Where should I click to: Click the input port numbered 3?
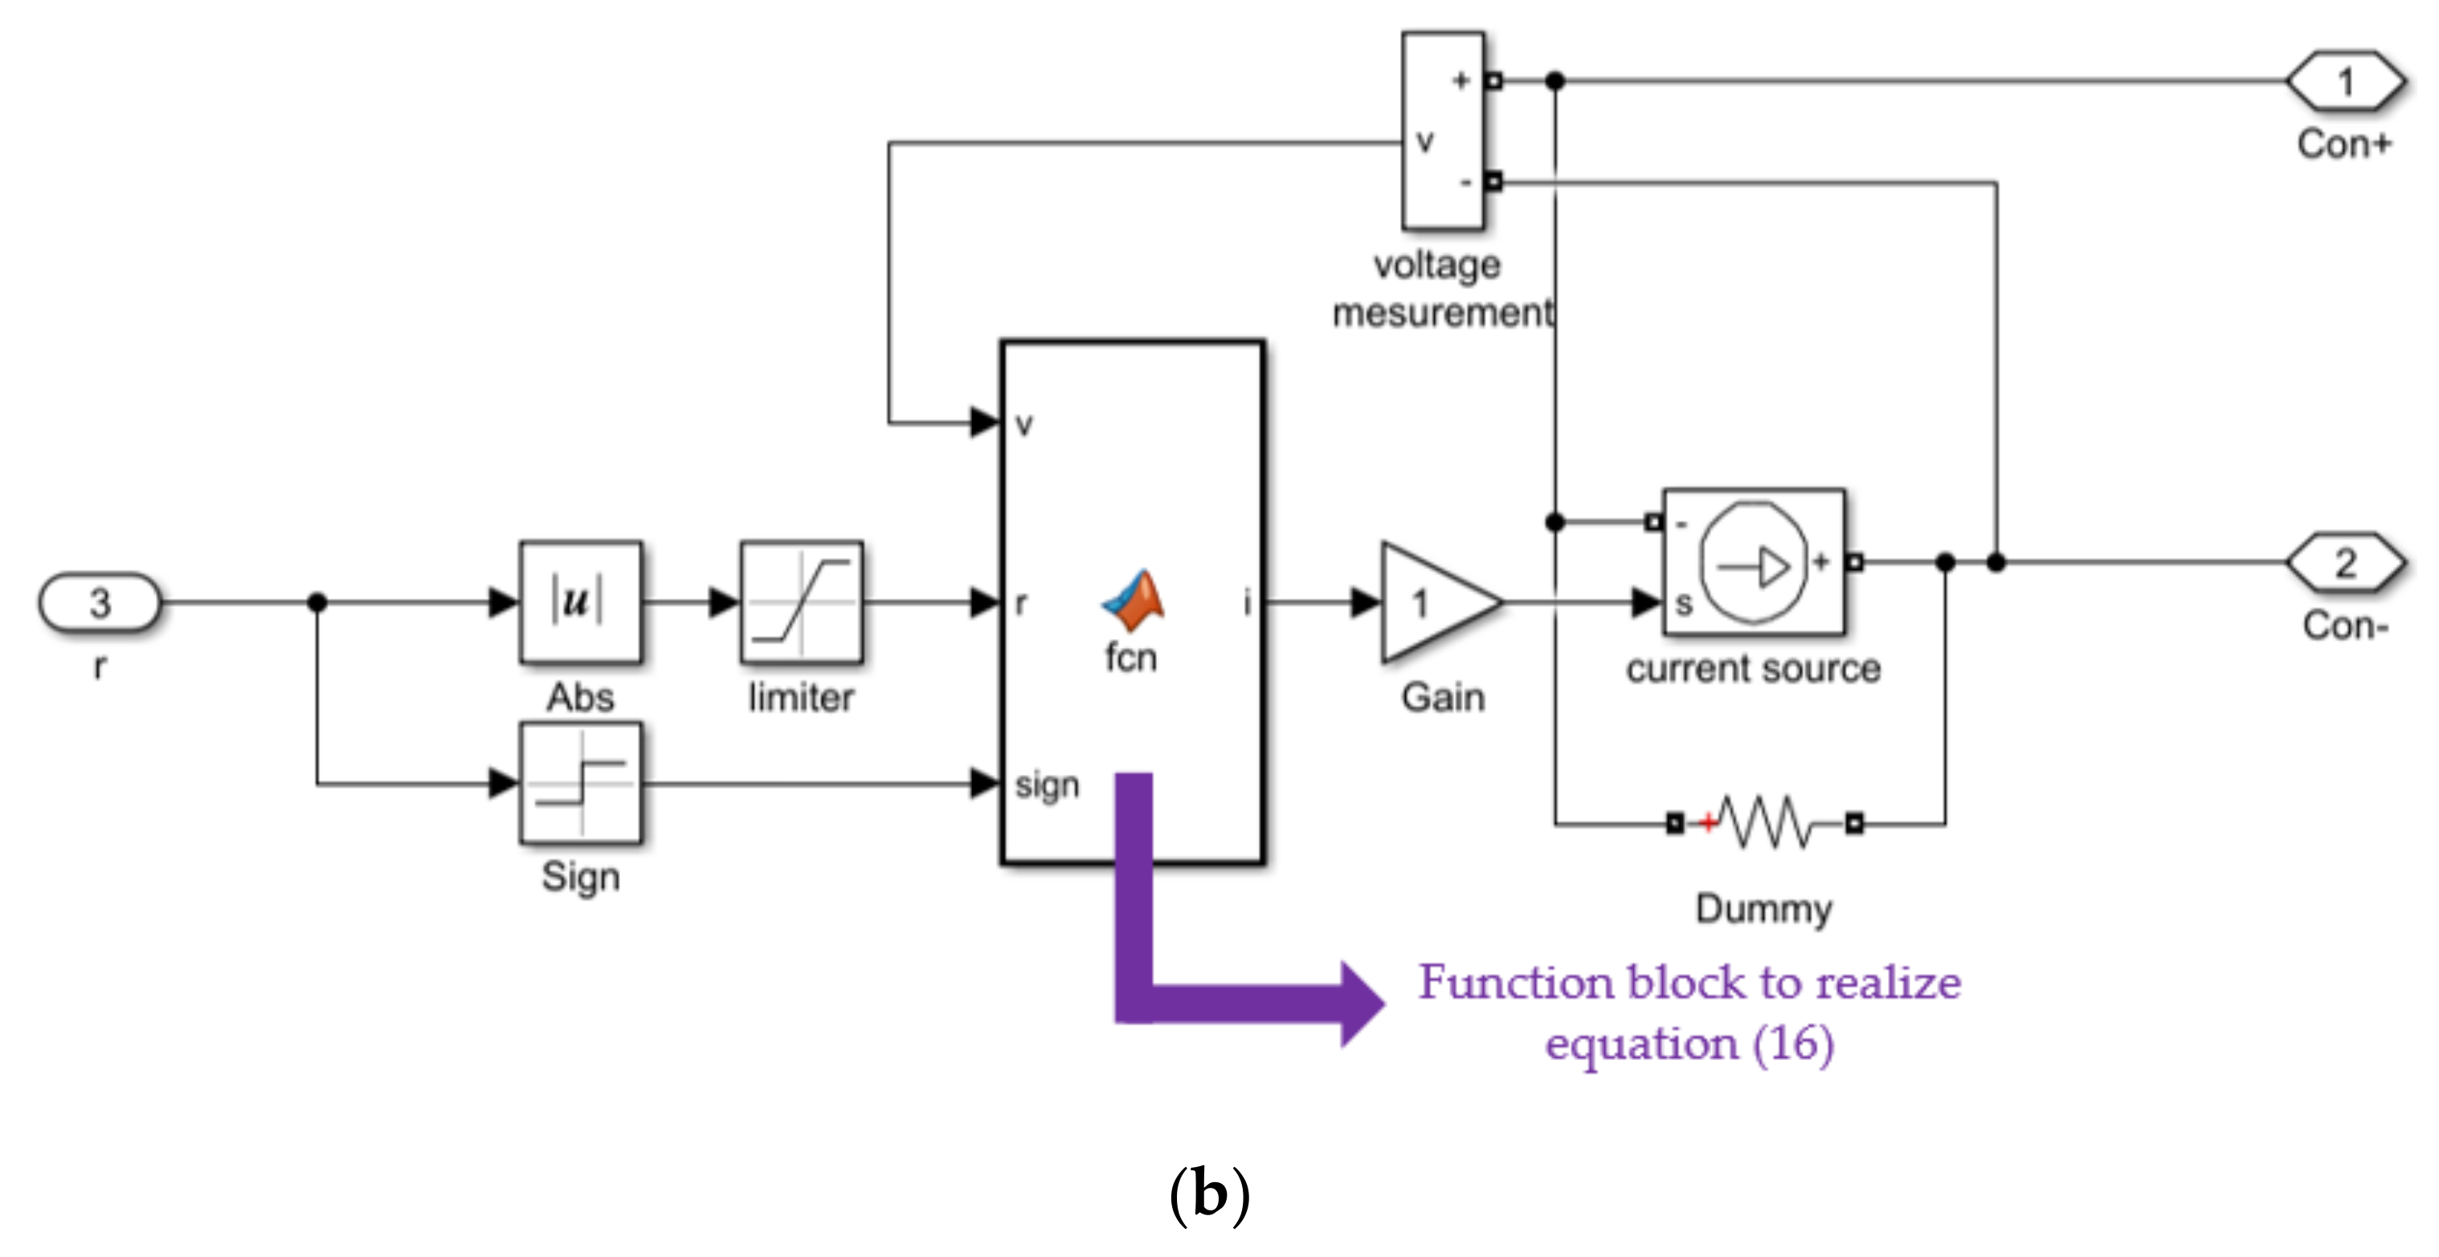pyautogui.click(x=100, y=603)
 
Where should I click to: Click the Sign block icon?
pyautogui.click(x=580, y=784)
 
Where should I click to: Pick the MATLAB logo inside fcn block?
pyautogui.click(x=1134, y=600)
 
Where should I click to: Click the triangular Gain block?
pyautogui.click(x=1435, y=603)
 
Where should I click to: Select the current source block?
pyautogui.click(x=1754, y=562)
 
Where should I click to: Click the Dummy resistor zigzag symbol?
pyautogui.click(x=1765, y=822)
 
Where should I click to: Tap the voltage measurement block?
pyautogui.click(x=1442, y=131)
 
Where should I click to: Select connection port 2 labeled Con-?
pyautogui.click(x=2345, y=563)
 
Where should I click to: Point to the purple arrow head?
pyautogui.click(x=1362, y=1004)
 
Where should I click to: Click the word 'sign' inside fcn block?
pyautogui.click(x=1046, y=784)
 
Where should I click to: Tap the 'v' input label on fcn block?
pyautogui.click(x=1023, y=424)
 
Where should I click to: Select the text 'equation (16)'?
pyautogui.click(x=1689, y=1044)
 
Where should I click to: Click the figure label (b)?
pyautogui.click(x=1209, y=1194)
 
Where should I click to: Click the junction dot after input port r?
pyautogui.click(x=317, y=603)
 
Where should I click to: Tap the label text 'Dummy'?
pyautogui.click(x=1763, y=908)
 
